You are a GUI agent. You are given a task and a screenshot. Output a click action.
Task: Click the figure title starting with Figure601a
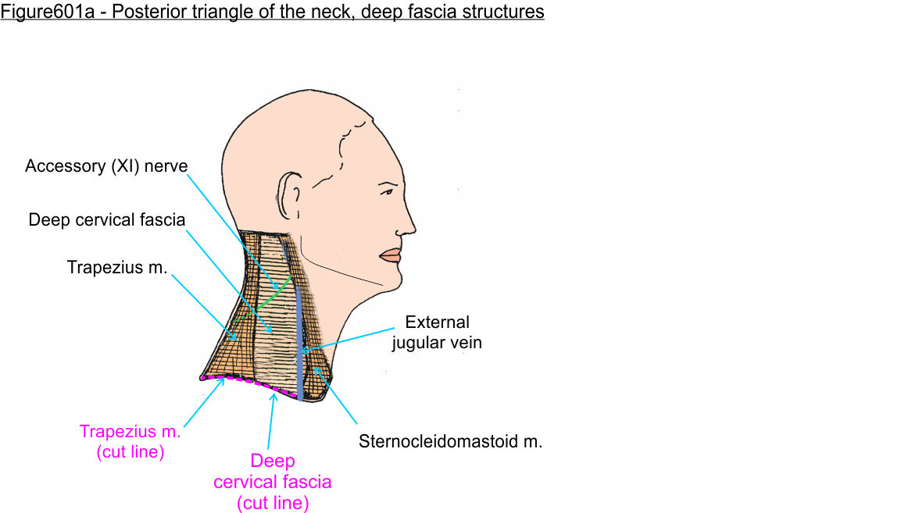coord(272,12)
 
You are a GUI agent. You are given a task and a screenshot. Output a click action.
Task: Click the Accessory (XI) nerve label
coord(106,166)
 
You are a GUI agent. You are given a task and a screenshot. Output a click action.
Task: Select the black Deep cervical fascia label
coord(107,219)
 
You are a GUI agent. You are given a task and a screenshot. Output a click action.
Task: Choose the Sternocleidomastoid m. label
coord(450,441)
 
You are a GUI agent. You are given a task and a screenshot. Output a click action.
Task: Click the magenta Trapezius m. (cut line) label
coord(130,441)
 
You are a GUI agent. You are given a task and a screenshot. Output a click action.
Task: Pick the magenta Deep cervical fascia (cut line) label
coord(273,482)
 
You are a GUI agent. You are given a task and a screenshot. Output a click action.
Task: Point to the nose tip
coord(412,227)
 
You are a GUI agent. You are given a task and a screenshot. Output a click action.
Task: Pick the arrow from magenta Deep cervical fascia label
coord(271,422)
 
